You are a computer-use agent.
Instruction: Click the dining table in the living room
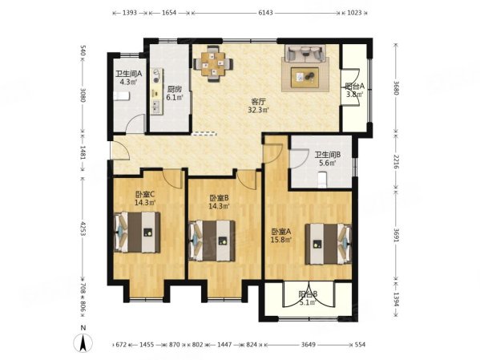click(x=213, y=63)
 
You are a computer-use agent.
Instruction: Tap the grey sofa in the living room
click(x=305, y=53)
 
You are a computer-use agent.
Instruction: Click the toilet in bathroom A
click(x=122, y=95)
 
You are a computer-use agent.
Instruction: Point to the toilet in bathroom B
click(x=322, y=180)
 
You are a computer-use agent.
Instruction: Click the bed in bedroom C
click(x=137, y=232)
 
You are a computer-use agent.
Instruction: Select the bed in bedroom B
click(x=212, y=241)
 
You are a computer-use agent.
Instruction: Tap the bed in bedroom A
click(x=329, y=244)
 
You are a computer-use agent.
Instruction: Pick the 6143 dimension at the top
click(x=265, y=13)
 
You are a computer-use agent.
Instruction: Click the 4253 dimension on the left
click(x=83, y=228)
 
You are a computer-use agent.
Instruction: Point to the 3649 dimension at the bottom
click(x=308, y=345)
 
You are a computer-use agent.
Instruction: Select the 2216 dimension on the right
click(x=396, y=162)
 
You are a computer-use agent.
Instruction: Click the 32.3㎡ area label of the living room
click(x=258, y=110)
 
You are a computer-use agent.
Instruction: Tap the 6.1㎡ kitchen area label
click(x=174, y=98)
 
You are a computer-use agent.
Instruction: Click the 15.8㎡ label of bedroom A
click(x=280, y=239)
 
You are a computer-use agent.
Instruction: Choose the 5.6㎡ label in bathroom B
click(x=328, y=163)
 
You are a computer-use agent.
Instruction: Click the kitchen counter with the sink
click(x=156, y=91)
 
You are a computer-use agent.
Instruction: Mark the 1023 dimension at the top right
click(x=354, y=13)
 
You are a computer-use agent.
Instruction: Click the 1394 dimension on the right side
click(x=396, y=299)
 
